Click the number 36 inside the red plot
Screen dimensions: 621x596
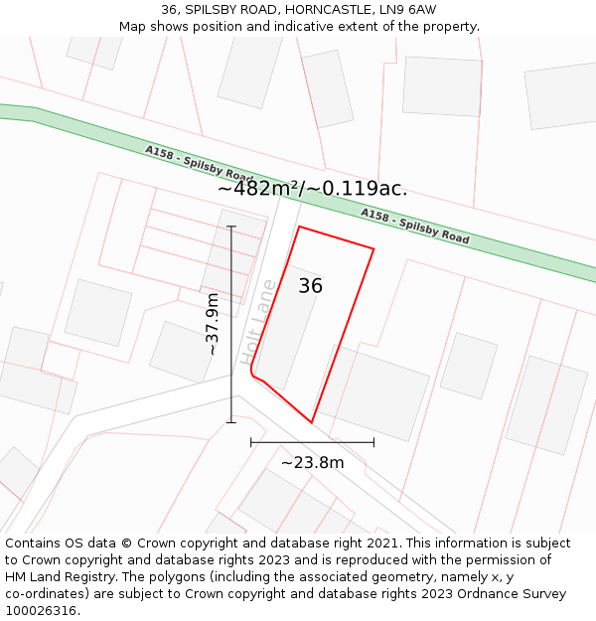click(311, 286)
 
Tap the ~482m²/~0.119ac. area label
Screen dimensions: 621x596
click(312, 189)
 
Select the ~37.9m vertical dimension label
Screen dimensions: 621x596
click(212, 324)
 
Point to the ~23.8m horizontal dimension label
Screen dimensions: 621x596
click(312, 462)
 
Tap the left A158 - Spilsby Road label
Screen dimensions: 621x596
click(199, 164)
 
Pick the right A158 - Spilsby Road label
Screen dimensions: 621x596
click(414, 227)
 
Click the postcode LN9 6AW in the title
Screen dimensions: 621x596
click(407, 10)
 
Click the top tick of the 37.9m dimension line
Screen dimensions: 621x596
click(231, 227)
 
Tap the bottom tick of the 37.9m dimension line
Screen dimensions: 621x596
click(231, 422)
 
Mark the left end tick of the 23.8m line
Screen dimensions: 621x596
click(251, 441)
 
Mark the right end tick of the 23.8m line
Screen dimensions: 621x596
click(373, 441)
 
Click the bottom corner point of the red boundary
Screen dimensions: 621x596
click(312, 422)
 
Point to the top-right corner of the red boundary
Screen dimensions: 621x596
click(373, 248)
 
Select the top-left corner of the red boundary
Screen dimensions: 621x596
click(299, 227)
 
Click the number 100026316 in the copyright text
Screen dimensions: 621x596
click(41, 611)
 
